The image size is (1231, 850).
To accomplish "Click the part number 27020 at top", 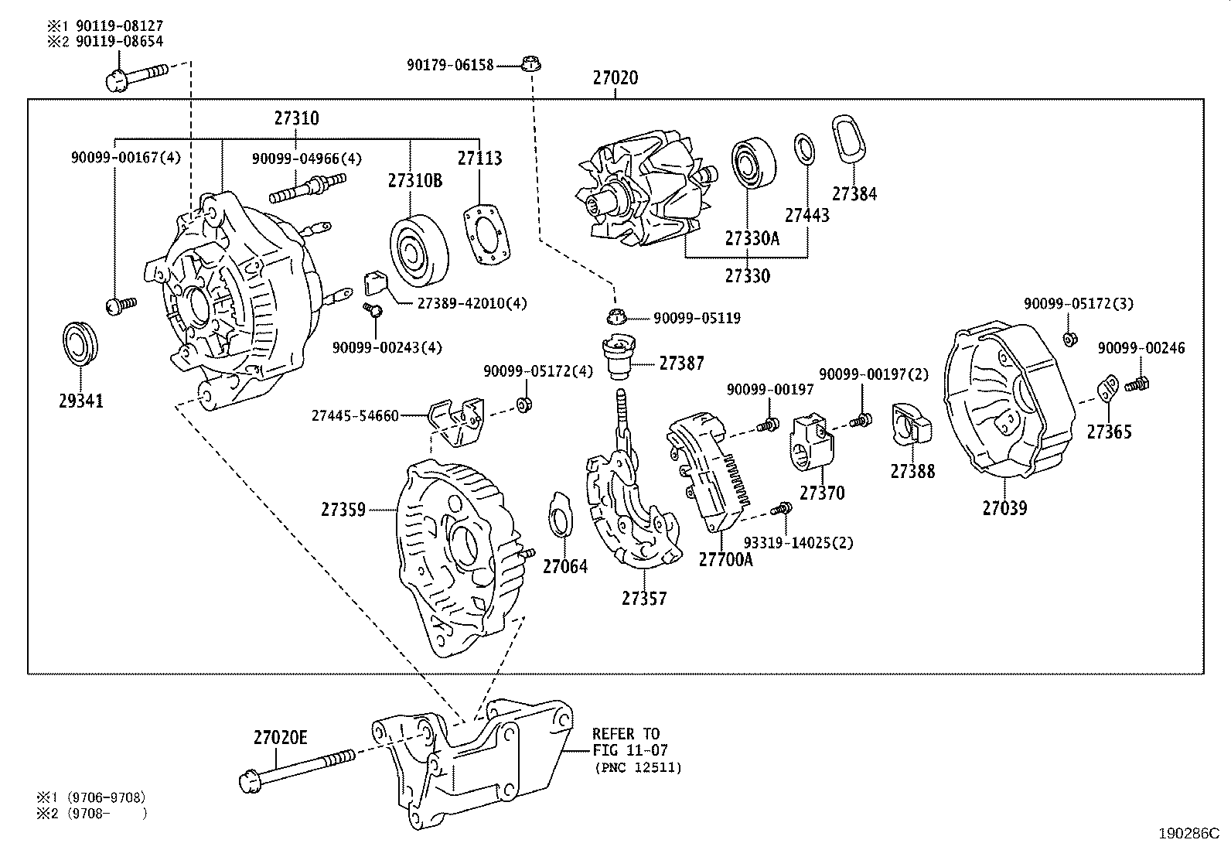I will coord(615,78).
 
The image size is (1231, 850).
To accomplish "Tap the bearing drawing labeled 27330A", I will coord(753,165).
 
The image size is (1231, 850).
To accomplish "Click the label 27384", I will coord(854,193).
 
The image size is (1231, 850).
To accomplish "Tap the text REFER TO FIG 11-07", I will coord(626,742).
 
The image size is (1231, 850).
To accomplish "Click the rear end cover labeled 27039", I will coord(1004,402).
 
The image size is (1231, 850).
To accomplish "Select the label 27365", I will coord(1109,432).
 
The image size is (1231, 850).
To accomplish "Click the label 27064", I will coord(564,567).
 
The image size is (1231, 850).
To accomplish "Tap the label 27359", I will coord(343,510).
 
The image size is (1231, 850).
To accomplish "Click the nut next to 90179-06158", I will coord(530,64).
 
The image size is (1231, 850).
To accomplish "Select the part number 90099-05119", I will coord(697,318).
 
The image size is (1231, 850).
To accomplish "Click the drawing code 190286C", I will coord(1188,834).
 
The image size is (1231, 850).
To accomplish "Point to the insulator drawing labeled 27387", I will coord(618,356).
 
